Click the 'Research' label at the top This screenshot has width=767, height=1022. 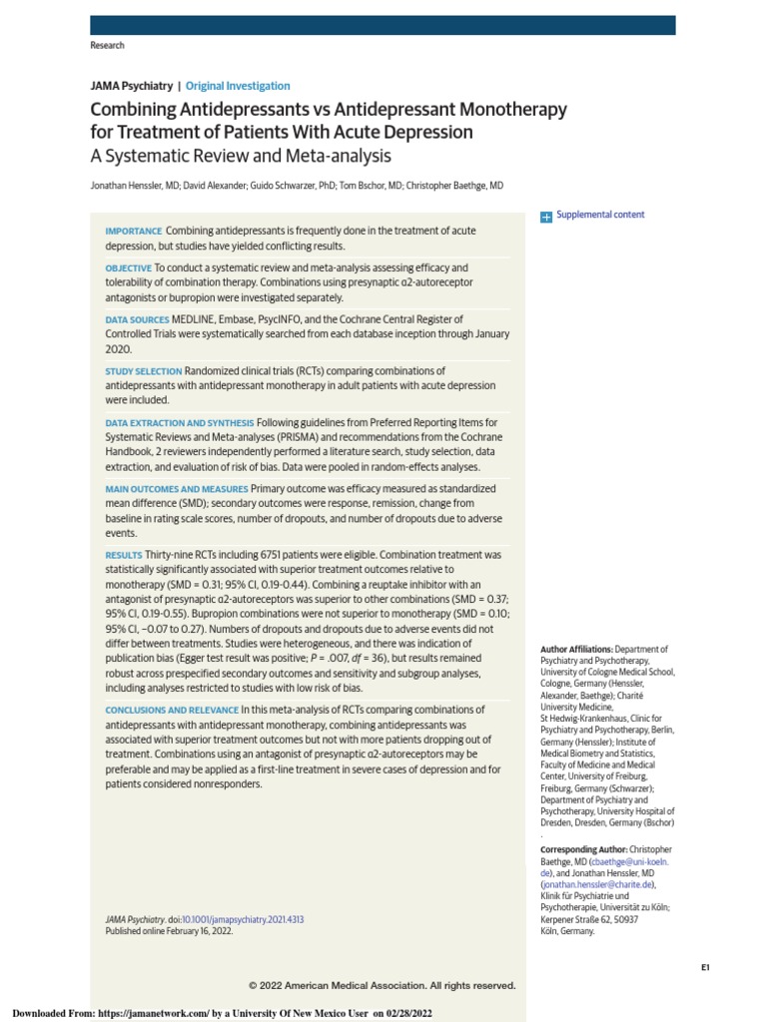[x=108, y=46]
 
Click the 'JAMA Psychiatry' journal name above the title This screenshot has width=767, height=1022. [x=131, y=87]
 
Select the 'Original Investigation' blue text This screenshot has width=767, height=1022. [x=238, y=87]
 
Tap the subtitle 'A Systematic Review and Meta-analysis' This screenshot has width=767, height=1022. [x=241, y=157]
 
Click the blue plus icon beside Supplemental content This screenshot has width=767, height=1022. [x=546, y=216]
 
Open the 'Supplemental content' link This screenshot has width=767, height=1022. [x=600, y=215]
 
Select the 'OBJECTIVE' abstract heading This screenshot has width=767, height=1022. [x=129, y=268]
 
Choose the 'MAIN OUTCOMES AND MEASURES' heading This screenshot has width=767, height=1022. [x=176, y=489]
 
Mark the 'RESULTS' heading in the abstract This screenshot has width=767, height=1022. [x=124, y=554]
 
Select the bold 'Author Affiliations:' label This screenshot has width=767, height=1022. [x=576, y=649]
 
